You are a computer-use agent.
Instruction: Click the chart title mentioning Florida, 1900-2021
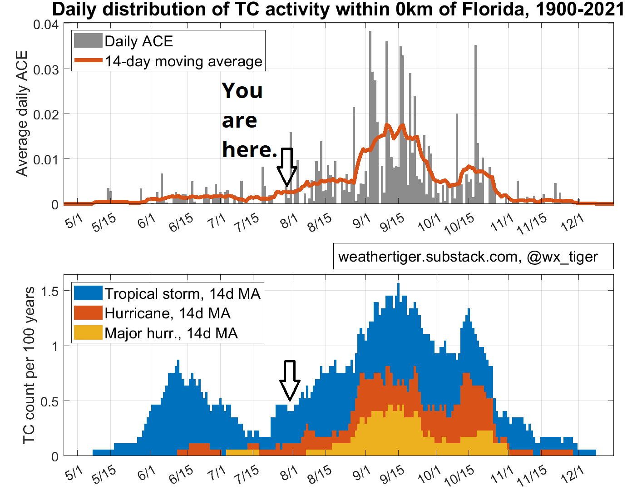coord(338,9)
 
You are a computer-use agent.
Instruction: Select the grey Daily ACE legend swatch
coord(88,41)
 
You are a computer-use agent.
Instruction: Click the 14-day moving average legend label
coord(183,61)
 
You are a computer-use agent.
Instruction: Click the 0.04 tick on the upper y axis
coord(46,25)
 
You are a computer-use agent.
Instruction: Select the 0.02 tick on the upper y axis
coord(46,114)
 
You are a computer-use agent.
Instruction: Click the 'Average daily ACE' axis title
coord(22,114)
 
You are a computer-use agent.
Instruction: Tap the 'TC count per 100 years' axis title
coord(29,366)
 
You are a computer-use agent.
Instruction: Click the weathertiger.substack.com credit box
coord(473,257)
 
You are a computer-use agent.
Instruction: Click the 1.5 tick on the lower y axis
coord(50,292)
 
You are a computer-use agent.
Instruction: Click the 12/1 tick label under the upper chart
coord(572,222)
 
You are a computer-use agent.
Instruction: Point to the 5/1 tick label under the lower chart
coord(74,475)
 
